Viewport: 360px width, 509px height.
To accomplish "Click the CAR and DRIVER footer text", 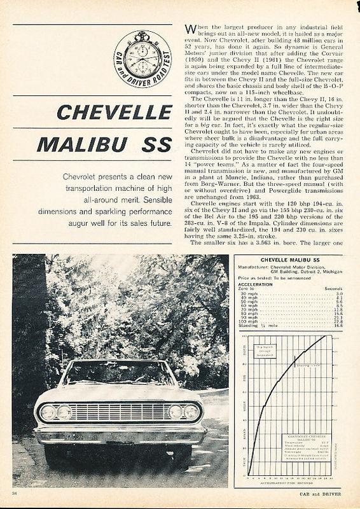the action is tap(324, 493).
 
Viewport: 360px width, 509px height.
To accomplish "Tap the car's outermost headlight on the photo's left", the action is tap(47, 412).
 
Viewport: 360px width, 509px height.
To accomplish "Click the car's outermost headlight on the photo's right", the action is tap(191, 412).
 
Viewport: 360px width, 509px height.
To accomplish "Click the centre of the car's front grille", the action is tap(119, 412).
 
